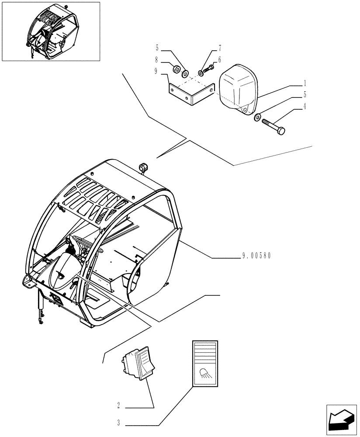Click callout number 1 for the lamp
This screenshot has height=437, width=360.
coord(304,83)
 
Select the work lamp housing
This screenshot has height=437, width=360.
coord(237,90)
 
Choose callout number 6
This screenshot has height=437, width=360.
coord(220,60)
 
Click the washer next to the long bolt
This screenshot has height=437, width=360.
coord(258,117)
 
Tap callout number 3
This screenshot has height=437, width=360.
coord(118,423)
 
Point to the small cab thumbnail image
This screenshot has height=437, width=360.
coord(51,31)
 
